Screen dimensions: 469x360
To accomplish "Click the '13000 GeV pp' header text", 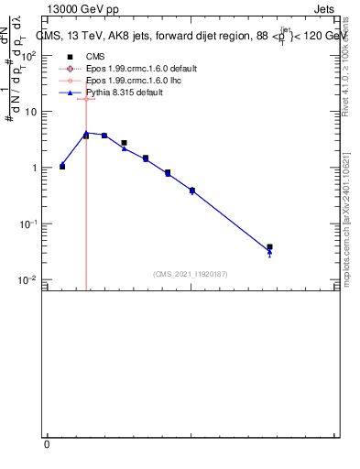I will coord(83,8).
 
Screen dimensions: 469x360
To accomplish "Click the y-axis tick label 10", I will coord(32,112).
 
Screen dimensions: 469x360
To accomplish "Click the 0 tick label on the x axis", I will coord(48,444).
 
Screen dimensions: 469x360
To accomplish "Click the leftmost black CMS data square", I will coord(62,167).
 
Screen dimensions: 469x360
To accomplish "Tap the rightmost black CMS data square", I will coord(269,247).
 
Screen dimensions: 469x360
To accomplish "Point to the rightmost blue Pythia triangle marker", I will coord(269,253).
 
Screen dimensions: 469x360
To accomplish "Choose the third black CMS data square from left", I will coord(104,136).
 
